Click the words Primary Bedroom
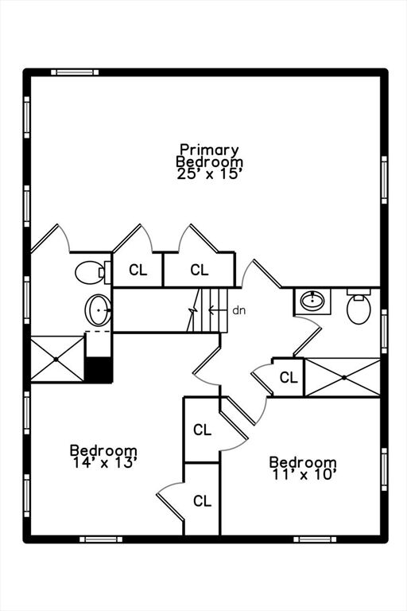tap(210, 155)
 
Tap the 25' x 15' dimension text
tap(210, 173)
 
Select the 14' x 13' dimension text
tap(104, 462)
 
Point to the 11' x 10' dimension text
tap(304, 475)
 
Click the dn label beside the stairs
tap(239, 310)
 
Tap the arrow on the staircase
tap(218, 310)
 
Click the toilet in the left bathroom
tap(93, 272)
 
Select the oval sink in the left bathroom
tap(98, 309)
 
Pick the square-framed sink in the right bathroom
tap(312, 302)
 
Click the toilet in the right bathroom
tap(359, 306)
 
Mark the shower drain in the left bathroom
tap(56, 360)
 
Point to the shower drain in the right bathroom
tap(344, 377)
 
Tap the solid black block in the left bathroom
tap(99, 369)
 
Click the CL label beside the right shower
tap(289, 377)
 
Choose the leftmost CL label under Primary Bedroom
tap(138, 270)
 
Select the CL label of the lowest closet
tap(203, 500)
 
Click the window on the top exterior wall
tap(75, 72)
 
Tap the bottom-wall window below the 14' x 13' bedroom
tap(101, 539)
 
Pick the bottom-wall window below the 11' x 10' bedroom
tap(315, 539)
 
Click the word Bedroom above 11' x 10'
tap(303, 462)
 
